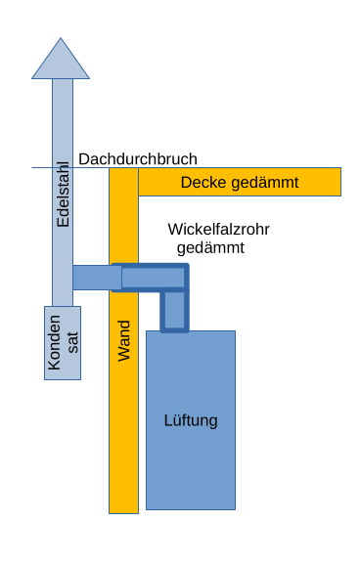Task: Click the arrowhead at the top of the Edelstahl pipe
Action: tap(62, 61)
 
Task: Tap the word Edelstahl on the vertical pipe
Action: tap(63, 195)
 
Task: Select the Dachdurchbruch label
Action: tap(138, 158)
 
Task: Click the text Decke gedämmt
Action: tap(240, 183)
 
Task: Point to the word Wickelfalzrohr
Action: tap(218, 229)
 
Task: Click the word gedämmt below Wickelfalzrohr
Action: tap(210, 247)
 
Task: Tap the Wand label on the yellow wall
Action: tap(123, 340)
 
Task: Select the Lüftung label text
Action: tap(191, 421)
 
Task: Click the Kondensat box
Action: tap(62, 342)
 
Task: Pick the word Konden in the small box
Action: tap(55, 343)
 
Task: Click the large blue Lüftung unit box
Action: tap(191, 459)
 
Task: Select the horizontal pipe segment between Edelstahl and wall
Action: tap(90, 278)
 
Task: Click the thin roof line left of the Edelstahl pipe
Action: tap(40, 167)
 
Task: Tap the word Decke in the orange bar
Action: tap(202, 183)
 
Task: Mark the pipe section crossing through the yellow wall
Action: tap(123, 278)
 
